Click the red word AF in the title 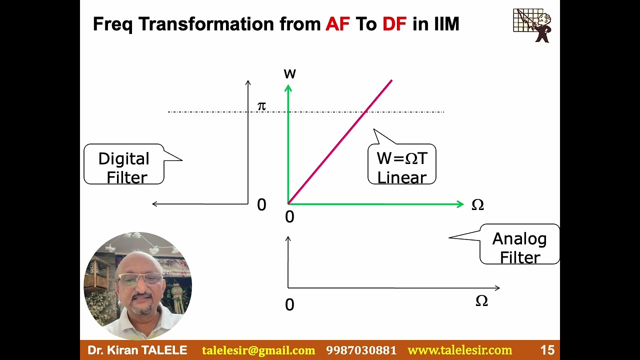tap(337, 24)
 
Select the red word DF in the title tap(394, 24)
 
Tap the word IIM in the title tap(440, 24)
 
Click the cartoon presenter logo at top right tap(532, 25)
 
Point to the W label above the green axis tap(289, 74)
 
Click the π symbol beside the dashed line tap(261, 106)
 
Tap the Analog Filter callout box tap(519, 246)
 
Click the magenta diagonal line tap(340, 141)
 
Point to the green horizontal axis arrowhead tap(460, 204)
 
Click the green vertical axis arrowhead tap(288, 88)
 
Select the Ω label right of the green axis tap(477, 205)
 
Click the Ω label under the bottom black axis tap(481, 301)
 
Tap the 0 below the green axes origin tap(289, 217)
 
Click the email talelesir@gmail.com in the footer tap(258, 350)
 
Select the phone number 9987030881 tap(361, 350)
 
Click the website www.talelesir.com tap(460, 350)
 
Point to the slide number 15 tap(547, 350)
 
